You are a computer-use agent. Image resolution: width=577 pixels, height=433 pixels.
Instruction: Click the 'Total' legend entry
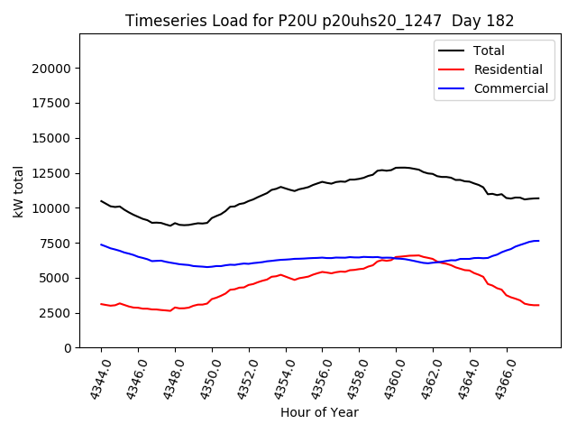489,51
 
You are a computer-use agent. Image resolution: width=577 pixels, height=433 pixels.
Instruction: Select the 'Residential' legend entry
508,69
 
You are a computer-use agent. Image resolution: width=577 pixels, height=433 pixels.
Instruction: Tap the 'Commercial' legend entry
510,88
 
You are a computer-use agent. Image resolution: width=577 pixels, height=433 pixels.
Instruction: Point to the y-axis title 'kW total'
19,190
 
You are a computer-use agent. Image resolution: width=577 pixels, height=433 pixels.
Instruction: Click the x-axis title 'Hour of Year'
319,412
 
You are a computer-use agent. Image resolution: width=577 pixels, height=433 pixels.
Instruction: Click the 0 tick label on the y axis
68,348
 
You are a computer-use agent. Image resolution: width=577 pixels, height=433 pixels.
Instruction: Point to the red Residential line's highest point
415,255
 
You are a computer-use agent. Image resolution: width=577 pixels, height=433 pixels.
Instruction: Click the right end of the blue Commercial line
539,241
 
